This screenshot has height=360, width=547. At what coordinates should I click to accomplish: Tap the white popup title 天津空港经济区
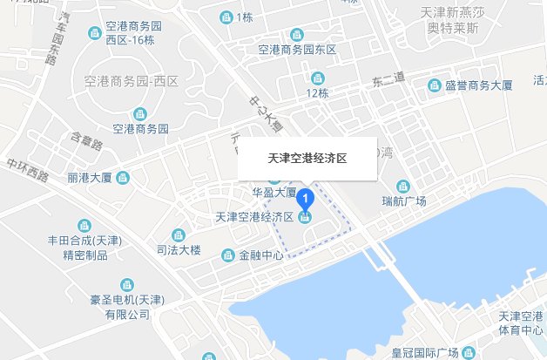pyautogui.click(x=307, y=160)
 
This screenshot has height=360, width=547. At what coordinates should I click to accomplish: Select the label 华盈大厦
pyautogui.click(x=274, y=192)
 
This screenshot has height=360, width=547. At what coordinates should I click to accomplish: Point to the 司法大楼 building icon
pyautogui.click(x=179, y=235)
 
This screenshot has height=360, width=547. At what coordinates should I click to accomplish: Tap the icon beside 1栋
pyautogui.click(x=226, y=17)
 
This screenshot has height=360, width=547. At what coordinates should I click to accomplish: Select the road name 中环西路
pyautogui.click(x=27, y=166)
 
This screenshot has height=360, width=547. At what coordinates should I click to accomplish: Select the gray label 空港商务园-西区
pyautogui.click(x=132, y=82)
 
